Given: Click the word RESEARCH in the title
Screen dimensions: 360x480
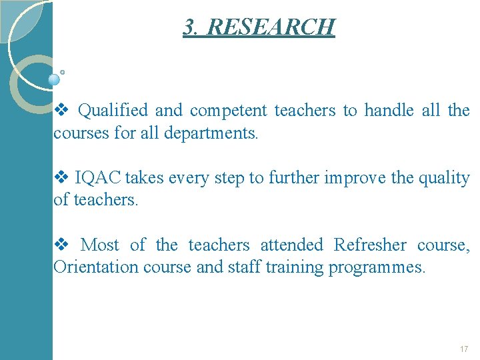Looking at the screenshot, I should (x=271, y=27).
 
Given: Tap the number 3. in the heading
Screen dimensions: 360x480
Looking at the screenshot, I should (x=191, y=27).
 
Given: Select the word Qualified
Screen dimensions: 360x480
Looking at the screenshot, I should (x=115, y=110).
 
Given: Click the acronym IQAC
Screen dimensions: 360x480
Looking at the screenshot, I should (x=97, y=178).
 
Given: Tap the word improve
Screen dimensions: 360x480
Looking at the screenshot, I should (x=355, y=178).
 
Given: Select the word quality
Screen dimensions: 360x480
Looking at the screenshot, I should (x=443, y=178).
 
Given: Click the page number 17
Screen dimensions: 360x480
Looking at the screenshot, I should (x=464, y=349).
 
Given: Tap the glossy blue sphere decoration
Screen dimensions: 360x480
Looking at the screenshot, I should (x=54, y=79).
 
